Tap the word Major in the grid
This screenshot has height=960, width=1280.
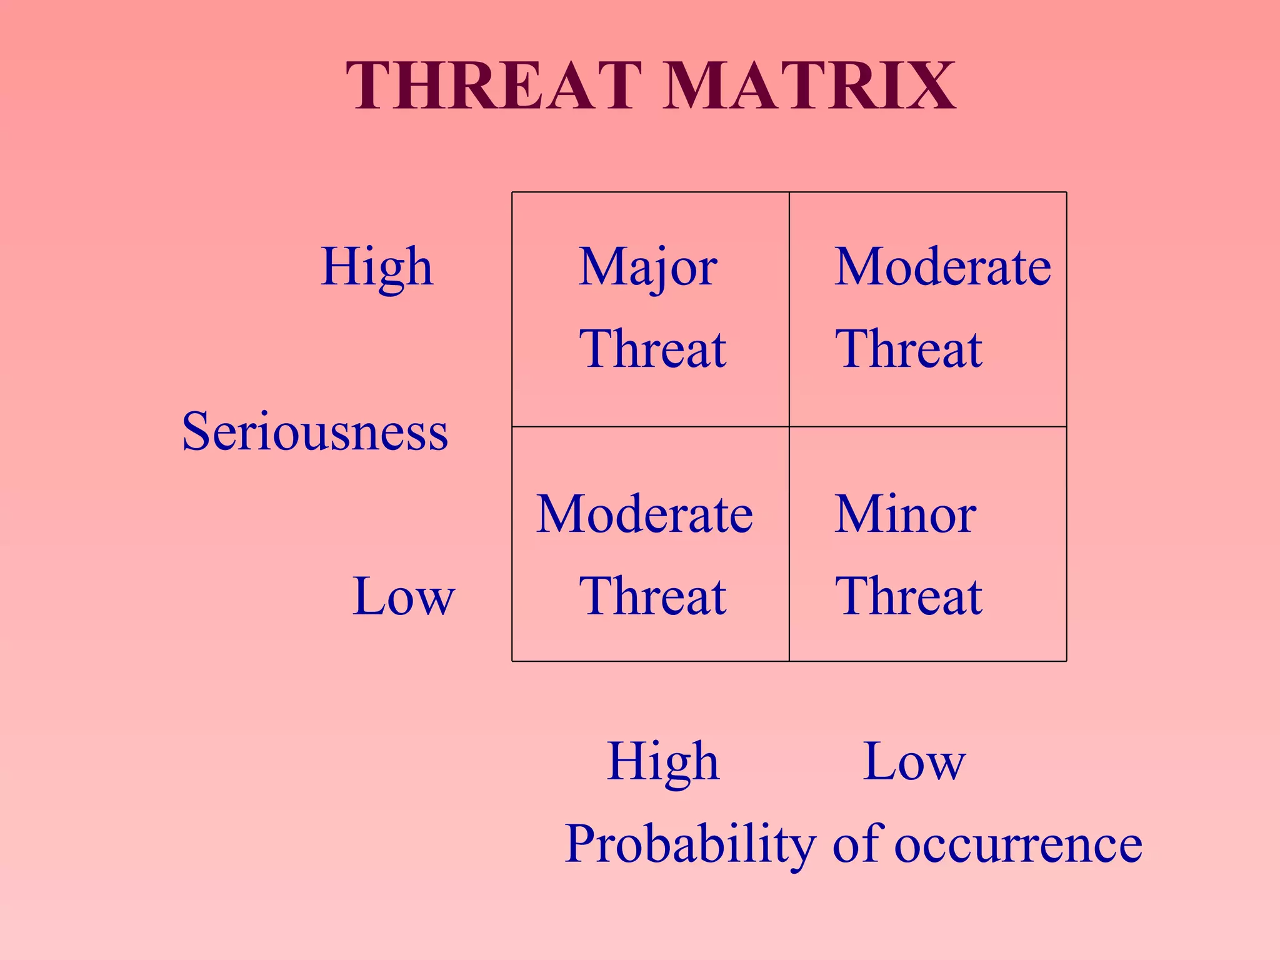click(x=647, y=267)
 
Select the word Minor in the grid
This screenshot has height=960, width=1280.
click(x=905, y=514)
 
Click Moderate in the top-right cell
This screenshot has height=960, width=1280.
click(x=942, y=267)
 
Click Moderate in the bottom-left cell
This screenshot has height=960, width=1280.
click(x=644, y=514)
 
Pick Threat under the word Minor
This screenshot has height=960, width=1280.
click(x=909, y=596)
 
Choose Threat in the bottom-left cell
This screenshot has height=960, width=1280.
click(x=652, y=596)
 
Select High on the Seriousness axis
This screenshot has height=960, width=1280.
click(x=377, y=267)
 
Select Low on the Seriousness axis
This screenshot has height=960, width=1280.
click(x=404, y=596)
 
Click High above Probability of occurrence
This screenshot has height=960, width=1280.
click(x=663, y=762)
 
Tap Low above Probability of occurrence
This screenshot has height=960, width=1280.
click(x=914, y=762)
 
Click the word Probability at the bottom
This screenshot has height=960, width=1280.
click(x=690, y=845)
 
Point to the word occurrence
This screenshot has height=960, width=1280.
click(x=1018, y=845)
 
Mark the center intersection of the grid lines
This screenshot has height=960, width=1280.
click(x=789, y=427)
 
